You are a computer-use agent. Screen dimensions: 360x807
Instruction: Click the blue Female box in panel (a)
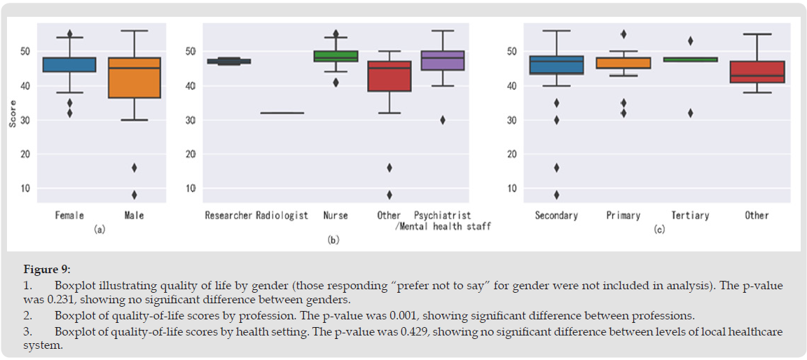(x=69, y=64)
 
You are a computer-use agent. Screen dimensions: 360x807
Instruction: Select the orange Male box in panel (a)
(x=134, y=77)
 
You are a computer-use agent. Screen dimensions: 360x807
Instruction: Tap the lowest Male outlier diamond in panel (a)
(x=134, y=195)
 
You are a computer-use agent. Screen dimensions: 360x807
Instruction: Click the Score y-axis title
(x=13, y=112)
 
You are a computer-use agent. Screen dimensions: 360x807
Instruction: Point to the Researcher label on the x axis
(x=228, y=215)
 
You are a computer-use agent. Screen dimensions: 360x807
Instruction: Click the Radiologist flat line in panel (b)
(x=282, y=113)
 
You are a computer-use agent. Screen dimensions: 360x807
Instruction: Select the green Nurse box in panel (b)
(x=335, y=56)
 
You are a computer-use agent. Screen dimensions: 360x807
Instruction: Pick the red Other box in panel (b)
(x=389, y=76)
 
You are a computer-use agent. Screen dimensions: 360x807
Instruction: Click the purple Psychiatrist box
(x=443, y=60)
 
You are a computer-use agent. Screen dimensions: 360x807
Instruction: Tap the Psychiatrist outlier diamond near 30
(x=443, y=120)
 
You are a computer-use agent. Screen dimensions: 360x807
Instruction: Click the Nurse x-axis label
(x=335, y=215)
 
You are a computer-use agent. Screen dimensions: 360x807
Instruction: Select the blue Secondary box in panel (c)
(x=556, y=65)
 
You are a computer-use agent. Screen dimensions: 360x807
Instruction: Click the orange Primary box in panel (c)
(x=623, y=63)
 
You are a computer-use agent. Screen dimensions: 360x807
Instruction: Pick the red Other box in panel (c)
(x=757, y=72)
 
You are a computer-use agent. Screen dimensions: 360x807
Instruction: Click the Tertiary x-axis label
(x=690, y=215)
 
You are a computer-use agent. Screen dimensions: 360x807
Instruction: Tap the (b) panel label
(x=334, y=240)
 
